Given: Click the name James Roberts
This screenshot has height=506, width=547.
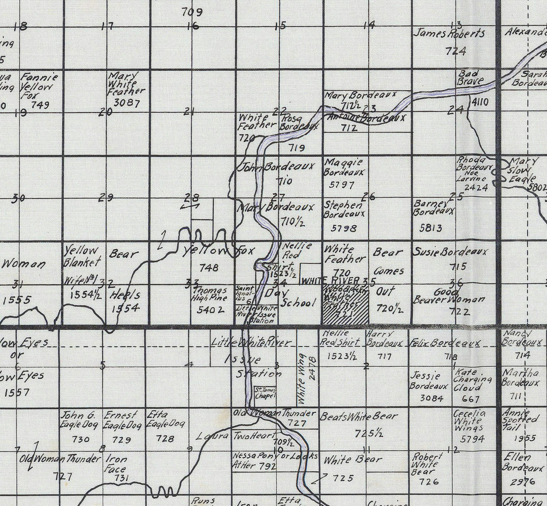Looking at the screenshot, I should [449, 33].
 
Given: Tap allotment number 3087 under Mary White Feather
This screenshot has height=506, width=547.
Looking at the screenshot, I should [127, 103].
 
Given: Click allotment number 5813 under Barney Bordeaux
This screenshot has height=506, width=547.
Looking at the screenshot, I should [430, 228].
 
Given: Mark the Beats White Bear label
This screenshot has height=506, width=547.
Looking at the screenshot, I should [359, 417].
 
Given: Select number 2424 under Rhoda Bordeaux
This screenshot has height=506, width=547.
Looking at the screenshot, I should [476, 188].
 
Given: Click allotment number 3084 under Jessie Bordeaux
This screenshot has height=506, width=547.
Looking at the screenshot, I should [431, 398].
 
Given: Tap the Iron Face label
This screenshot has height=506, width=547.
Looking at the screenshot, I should [116, 464].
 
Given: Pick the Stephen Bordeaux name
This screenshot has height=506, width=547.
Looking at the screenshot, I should [344, 210].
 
